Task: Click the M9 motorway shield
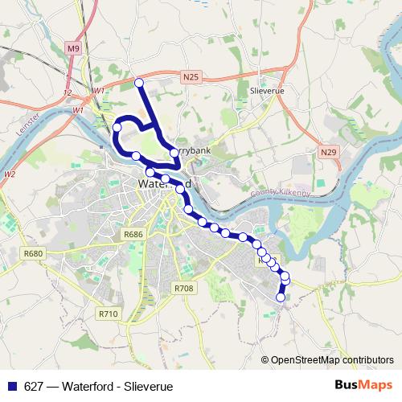pyautogui.click(x=74, y=49)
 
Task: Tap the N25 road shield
pyautogui.click(x=190, y=77)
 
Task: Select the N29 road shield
pyautogui.click(x=327, y=150)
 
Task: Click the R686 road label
pyautogui.click(x=133, y=234)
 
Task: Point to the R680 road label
pyautogui.click(x=33, y=254)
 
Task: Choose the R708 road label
pyautogui.click(x=184, y=287)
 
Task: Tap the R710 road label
pyautogui.click(x=109, y=313)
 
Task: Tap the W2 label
pyautogui.click(x=10, y=174)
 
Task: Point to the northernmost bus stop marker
pyautogui.click(x=138, y=82)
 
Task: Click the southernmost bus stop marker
pyautogui.click(x=281, y=297)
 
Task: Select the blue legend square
pyautogui.click(x=10, y=385)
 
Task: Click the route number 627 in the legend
pyautogui.click(x=35, y=385)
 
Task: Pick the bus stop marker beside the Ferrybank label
pyautogui.click(x=174, y=152)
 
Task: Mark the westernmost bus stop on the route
pyautogui.click(x=117, y=127)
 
